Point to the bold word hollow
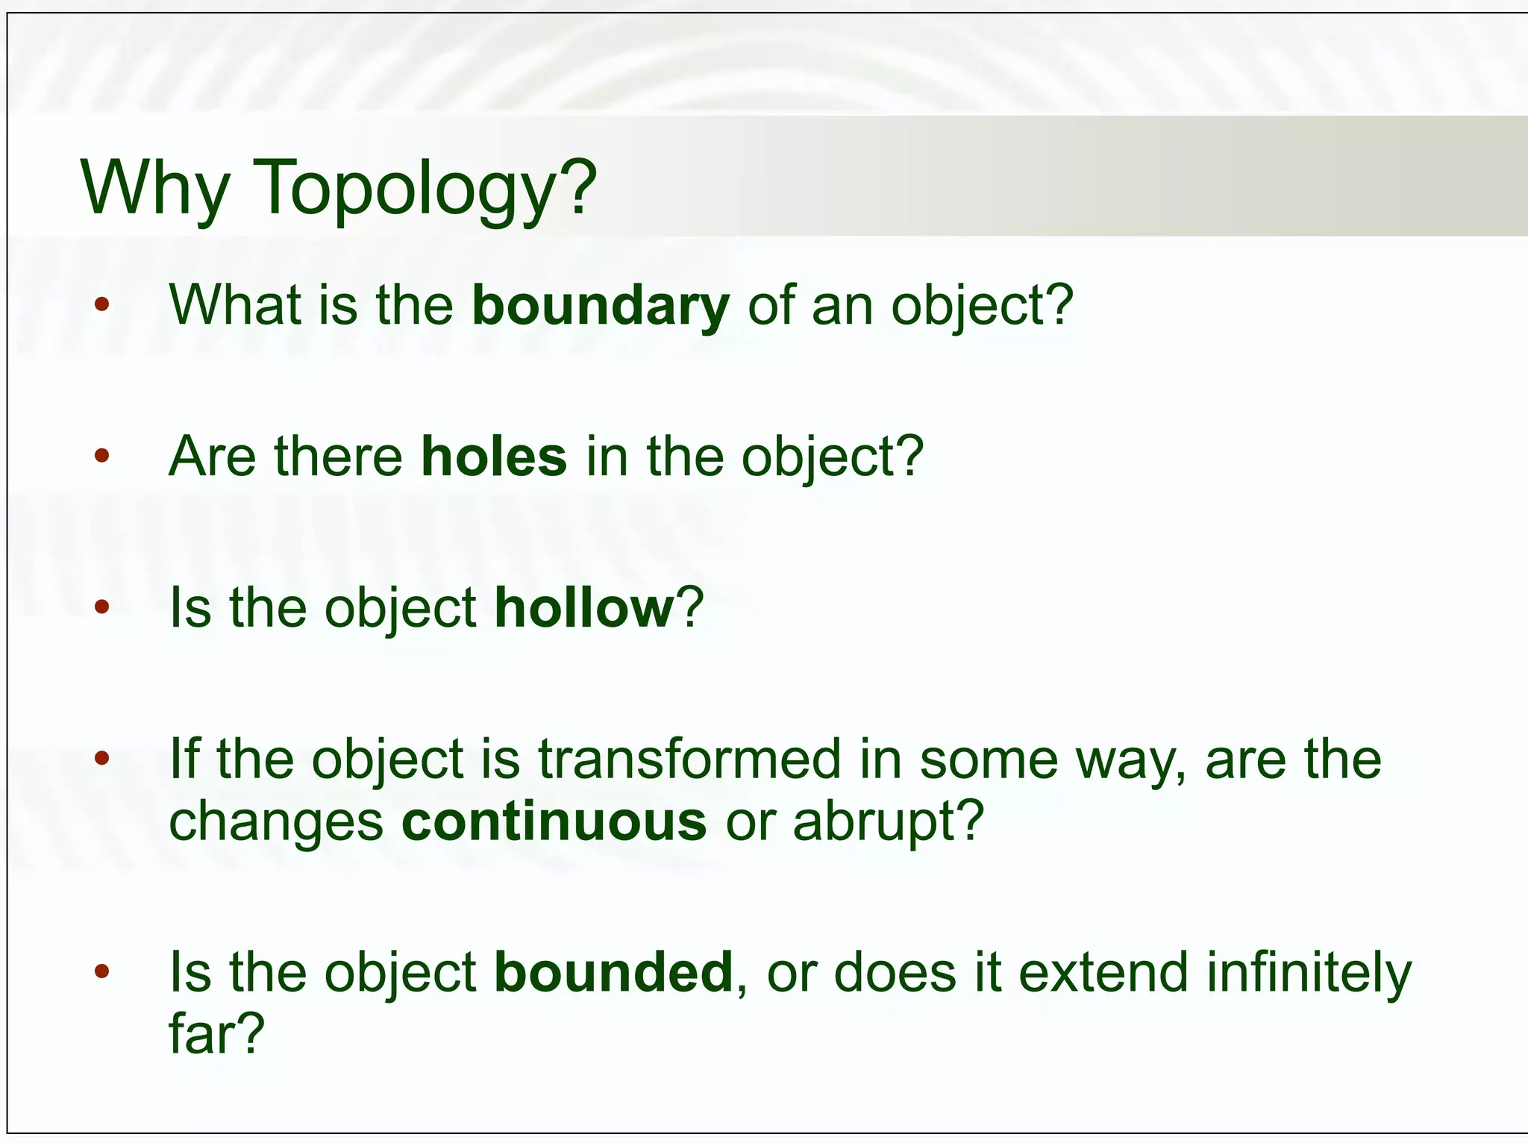584,608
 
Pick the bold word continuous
554,821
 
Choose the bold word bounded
613,973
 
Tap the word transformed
689,760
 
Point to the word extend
1103,973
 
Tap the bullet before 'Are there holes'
102,456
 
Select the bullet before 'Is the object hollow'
102,607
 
